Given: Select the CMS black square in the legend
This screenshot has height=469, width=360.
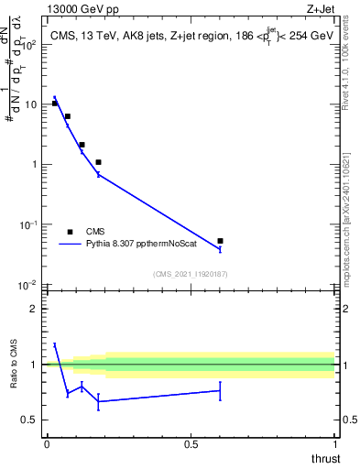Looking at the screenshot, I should tap(70, 232).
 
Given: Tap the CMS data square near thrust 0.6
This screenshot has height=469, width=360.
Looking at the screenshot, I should tap(220, 241).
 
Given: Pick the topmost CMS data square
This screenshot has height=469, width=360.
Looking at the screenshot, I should tap(55, 104).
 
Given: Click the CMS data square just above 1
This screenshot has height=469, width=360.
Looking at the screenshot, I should tap(98, 162).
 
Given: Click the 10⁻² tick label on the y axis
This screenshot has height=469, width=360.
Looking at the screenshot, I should tap(29, 285).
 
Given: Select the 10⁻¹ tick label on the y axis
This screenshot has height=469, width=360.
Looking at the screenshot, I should tap(29, 224).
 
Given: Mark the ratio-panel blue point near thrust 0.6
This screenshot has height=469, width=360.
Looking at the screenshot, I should tap(220, 390).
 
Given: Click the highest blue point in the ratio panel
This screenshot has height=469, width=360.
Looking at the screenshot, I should tap(55, 344).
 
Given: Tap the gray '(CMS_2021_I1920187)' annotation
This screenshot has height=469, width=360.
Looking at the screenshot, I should tap(191, 273).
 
